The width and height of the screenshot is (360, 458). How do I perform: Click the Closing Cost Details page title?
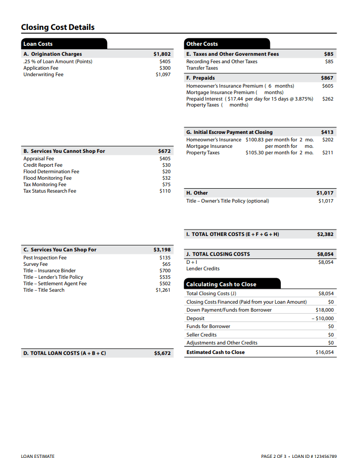point(58,27)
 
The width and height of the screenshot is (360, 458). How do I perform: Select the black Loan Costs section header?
point(38,44)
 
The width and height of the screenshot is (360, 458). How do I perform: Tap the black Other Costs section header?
point(202,44)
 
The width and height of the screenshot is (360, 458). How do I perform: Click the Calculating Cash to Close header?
point(221,284)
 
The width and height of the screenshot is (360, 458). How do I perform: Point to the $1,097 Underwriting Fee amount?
point(163,75)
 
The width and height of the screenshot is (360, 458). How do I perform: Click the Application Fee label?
point(41,68)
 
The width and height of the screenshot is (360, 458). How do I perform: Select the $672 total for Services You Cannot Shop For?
point(164,151)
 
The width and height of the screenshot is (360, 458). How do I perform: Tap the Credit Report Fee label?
point(43,165)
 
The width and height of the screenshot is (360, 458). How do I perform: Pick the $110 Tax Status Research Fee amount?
point(165,191)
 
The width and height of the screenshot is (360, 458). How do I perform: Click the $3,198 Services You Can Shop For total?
point(162,249)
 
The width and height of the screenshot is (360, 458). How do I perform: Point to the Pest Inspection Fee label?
point(45,258)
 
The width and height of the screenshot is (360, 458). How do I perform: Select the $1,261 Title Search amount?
point(163,290)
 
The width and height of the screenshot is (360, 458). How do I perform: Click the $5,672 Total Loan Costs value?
point(162,353)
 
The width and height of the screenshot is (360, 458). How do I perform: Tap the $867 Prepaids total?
point(327,78)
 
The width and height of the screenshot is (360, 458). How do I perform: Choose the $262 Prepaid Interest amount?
point(328,99)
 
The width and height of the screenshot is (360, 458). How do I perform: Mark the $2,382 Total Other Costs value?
point(325,234)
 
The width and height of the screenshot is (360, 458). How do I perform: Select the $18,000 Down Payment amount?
point(325,310)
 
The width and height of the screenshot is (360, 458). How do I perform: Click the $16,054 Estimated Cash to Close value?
point(325,352)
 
